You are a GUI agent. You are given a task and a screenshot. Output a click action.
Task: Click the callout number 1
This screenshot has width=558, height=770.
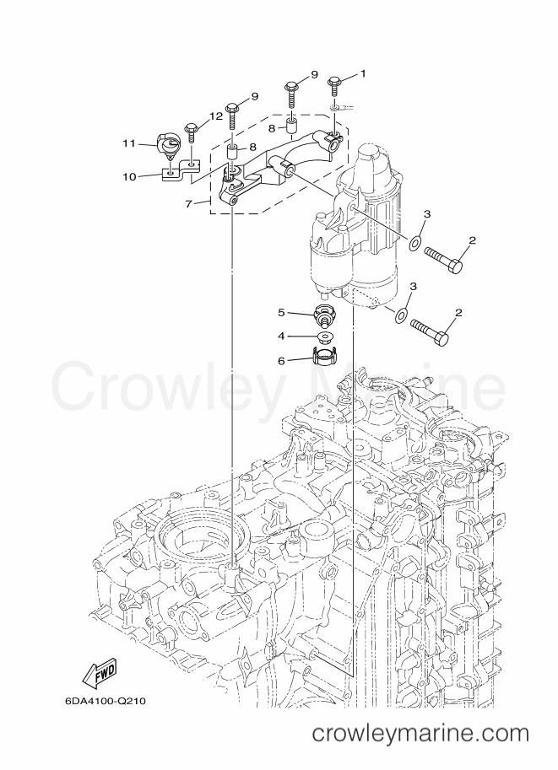click(x=364, y=73)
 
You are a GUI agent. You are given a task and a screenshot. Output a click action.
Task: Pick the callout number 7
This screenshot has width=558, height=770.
click(x=191, y=202)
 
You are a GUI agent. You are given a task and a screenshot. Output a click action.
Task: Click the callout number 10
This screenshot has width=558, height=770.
click(x=129, y=177)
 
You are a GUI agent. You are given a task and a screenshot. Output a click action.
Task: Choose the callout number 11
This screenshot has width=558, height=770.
click(x=129, y=144)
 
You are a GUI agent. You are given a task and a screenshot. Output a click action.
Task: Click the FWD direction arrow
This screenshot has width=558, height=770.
click(x=99, y=674)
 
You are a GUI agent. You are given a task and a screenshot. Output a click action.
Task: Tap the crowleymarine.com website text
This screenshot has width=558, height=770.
click(x=420, y=735)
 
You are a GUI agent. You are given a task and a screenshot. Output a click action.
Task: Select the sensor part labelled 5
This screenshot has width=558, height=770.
click(x=324, y=315)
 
